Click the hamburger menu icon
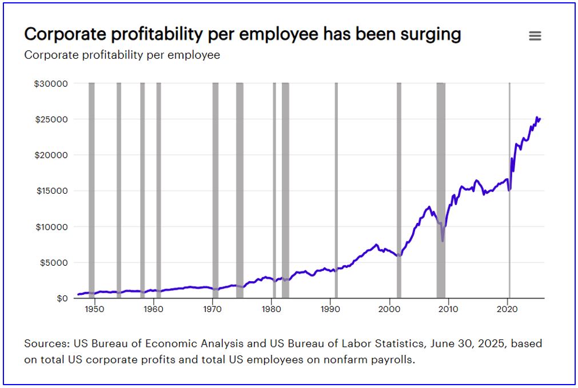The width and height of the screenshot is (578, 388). click(535, 36)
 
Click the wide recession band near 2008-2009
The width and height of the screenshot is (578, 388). click(441, 171)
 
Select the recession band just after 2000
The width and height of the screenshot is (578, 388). click(399, 171)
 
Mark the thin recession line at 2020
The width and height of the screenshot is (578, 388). click(510, 171)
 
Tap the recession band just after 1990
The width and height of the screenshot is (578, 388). click(336, 171)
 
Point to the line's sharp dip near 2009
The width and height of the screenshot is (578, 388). click(443, 241)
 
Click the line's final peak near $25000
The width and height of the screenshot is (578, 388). click(537, 117)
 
